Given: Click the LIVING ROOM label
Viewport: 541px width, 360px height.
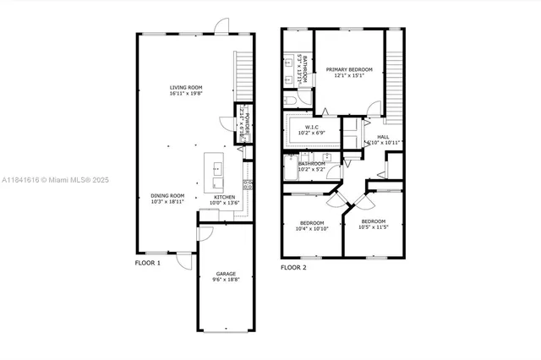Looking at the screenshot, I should (x=186, y=87).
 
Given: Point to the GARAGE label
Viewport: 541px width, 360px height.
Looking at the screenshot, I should (x=226, y=274).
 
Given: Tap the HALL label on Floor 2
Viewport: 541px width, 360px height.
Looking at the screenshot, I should (x=383, y=136).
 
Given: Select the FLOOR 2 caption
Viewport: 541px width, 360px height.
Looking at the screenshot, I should (x=293, y=267).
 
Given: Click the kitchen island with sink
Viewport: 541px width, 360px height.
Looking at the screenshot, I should (x=216, y=173).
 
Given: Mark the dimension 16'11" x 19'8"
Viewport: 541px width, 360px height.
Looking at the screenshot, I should (x=186, y=95).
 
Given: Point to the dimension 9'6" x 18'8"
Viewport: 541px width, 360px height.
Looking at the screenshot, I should (x=226, y=281).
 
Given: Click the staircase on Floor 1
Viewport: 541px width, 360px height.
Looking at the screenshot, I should (x=244, y=74).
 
